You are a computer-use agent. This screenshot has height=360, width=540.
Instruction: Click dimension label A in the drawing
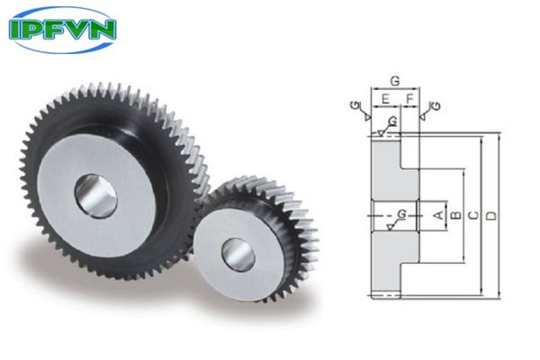coord(438,214)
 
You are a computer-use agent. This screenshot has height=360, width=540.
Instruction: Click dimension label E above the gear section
coord(385,97)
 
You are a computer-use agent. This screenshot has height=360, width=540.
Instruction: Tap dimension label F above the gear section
coord(409,97)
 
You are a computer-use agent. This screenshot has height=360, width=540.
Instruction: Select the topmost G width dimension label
coord(395,80)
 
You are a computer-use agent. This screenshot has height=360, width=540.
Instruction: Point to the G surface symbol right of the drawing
coord(436,107)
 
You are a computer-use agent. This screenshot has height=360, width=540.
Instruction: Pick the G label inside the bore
coord(400,212)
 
